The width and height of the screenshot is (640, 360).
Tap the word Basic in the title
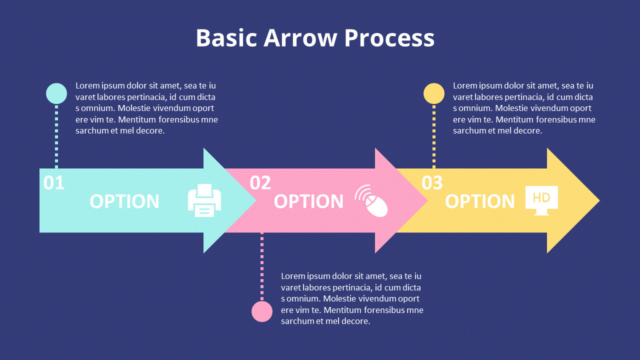225,38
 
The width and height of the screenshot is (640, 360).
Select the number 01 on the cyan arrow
54,183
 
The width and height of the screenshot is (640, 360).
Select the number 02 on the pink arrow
260,183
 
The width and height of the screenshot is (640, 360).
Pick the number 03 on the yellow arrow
432,183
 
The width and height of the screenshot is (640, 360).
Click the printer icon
204,200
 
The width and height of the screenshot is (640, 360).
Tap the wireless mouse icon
372,200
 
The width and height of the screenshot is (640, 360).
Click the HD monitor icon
541,200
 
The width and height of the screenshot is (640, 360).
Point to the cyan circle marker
56,93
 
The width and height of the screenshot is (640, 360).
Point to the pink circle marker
262,311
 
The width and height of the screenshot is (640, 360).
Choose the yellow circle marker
434,93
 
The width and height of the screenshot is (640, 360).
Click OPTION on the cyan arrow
124,201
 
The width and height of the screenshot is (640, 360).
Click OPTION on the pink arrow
308,201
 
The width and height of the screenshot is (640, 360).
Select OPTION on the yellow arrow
479,201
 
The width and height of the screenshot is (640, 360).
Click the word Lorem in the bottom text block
293,276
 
